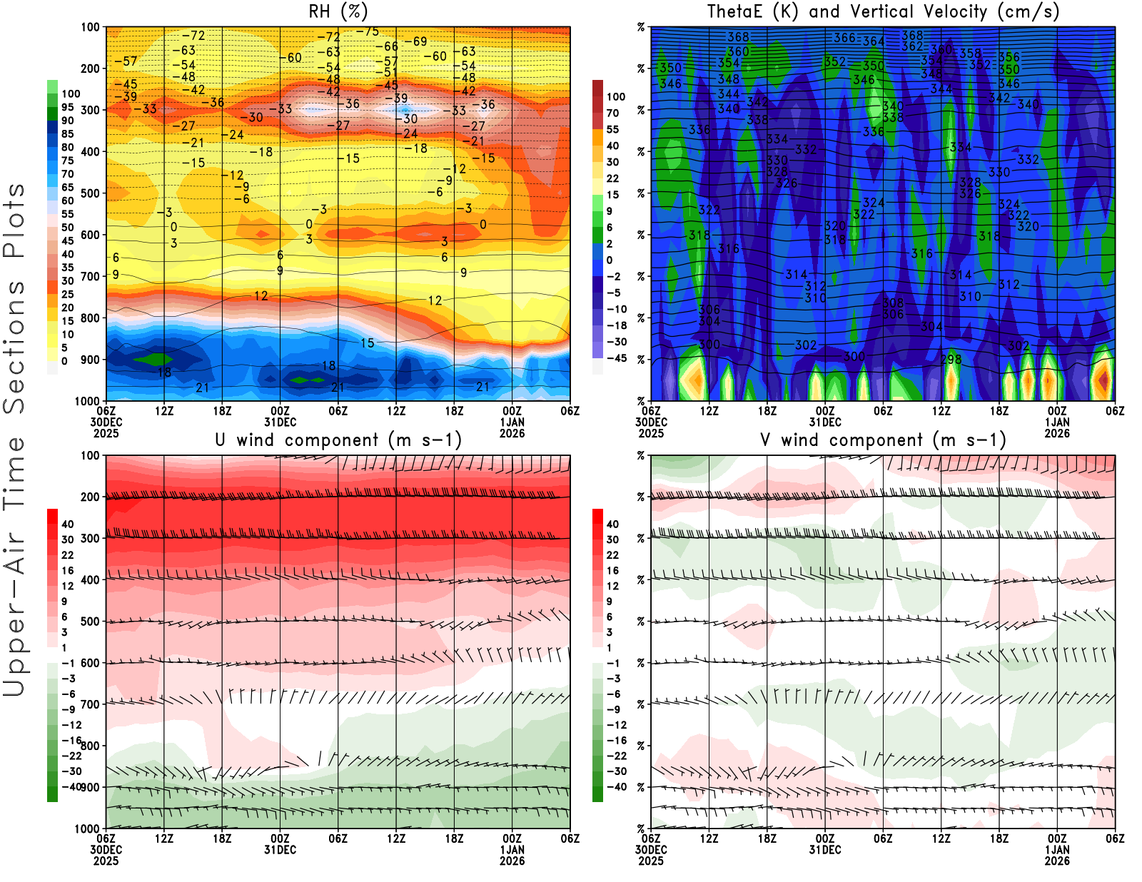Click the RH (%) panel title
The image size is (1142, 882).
point(338,11)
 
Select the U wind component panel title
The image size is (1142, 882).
point(338,440)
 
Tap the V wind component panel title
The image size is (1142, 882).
point(883,440)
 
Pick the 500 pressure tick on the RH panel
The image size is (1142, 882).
point(91,193)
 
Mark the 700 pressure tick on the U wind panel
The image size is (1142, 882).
point(91,704)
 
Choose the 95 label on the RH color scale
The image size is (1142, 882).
point(67,107)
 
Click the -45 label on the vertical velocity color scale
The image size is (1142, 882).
point(616,358)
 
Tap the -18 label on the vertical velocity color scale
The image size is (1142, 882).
point(616,325)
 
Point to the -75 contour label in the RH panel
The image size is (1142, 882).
point(368,31)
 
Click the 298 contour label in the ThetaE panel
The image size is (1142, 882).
point(951,360)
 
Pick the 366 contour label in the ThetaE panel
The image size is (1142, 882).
point(844,38)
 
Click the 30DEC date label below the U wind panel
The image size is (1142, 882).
point(106,850)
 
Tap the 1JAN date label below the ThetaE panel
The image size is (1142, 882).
point(1057,422)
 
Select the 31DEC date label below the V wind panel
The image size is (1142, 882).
point(825,850)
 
